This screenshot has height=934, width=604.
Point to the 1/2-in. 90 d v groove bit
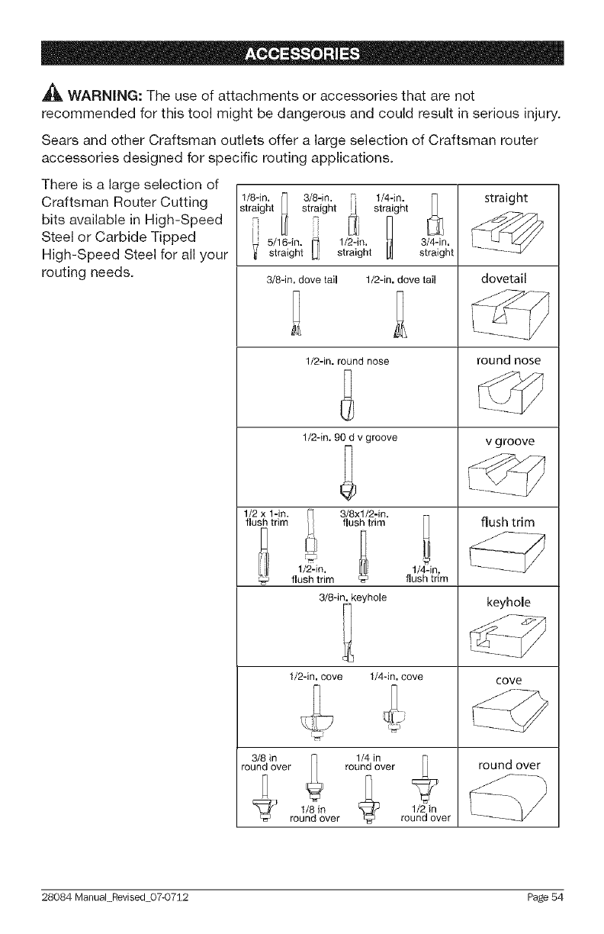tap(347, 475)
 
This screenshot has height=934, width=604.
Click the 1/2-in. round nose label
tap(347, 360)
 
